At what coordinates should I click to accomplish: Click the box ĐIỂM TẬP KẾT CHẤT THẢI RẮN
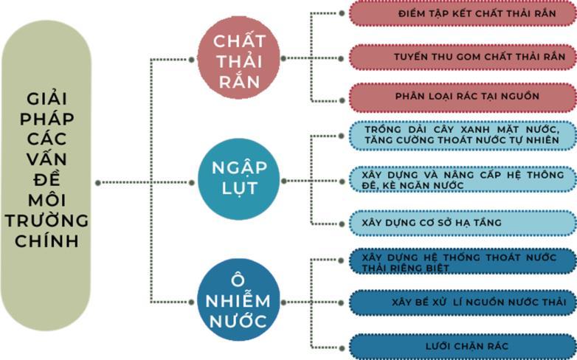(x=462, y=14)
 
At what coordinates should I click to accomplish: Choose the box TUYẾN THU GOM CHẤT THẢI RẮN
(x=462, y=56)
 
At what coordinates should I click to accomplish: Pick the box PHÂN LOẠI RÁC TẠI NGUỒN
(x=462, y=96)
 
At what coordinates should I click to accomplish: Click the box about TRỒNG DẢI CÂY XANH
(x=462, y=136)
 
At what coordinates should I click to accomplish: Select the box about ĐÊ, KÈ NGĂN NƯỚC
(x=462, y=180)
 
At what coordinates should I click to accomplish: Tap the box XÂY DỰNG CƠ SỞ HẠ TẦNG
(x=462, y=222)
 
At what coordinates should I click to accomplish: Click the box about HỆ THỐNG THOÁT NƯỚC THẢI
(x=462, y=262)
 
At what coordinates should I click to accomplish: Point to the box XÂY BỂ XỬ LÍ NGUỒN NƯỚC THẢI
(x=462, y=302)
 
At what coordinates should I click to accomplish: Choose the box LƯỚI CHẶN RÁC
(x=462, y=345)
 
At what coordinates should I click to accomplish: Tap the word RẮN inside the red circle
(x=239, y=81)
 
